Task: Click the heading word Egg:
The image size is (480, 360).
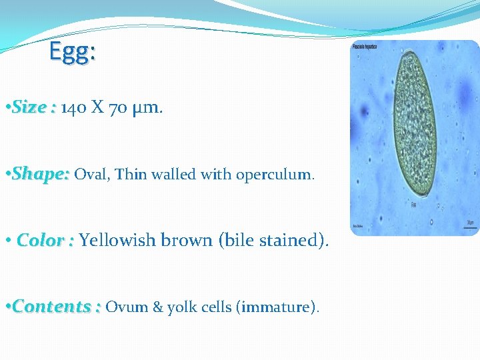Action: (x=73, y=53)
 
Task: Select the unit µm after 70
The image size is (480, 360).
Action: (x=145, y=108)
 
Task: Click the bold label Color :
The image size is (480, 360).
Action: (x=45, y=240)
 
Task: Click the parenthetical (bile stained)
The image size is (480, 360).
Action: (x=273, y=240)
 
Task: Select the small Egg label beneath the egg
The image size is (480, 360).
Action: (x=413, y=205)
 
